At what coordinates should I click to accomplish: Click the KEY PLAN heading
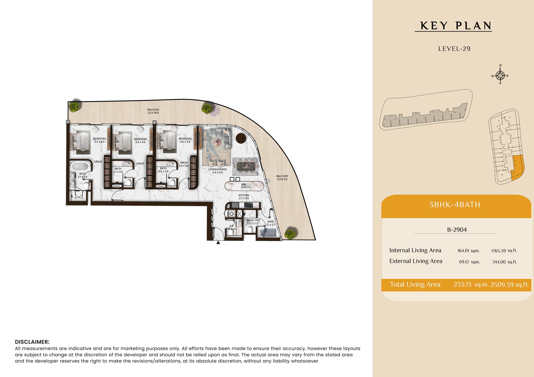tap(456, 26)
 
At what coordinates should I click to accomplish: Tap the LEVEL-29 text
tap(454, 49)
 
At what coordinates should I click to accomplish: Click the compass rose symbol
tap(500, 75)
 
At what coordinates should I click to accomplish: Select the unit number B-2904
tap(457, 230)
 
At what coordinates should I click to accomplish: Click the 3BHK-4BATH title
tap(455, 204)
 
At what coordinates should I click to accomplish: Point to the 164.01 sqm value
tap(469, 251)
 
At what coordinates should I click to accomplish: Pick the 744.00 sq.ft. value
tap(505, 262)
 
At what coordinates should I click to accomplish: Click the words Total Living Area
tap(415, 284)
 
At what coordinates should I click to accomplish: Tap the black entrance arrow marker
tap(218, 242)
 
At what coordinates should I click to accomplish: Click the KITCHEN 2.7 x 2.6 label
tap(244, 197)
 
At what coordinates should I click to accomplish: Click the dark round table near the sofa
tap(241, 138)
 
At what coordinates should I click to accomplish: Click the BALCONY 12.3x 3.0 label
tap(282, 178)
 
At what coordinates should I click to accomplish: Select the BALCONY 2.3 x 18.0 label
tap(153, 111)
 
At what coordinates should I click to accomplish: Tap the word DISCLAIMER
tap(32, 342)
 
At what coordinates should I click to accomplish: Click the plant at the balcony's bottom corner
tap(290, 234)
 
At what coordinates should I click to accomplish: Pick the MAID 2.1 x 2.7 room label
tap(271, 223)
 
